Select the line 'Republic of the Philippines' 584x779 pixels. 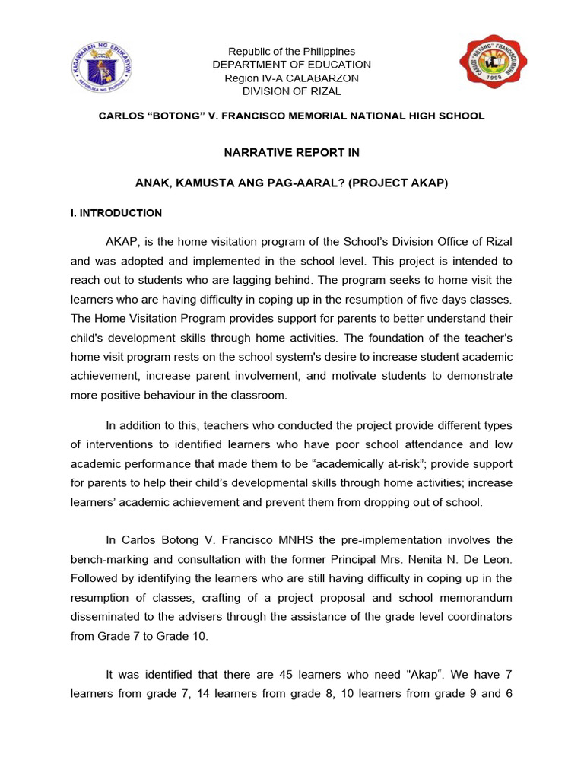(x=292, y=51)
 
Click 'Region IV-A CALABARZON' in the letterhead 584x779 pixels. (x=292, y=78)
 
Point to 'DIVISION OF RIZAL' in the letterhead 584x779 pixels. (x=292, y=91)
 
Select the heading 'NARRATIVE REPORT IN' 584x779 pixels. (x=292, y=152)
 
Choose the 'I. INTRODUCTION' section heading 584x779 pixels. (x=116, y=213)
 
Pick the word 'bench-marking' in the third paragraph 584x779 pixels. (x=106, y=559)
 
